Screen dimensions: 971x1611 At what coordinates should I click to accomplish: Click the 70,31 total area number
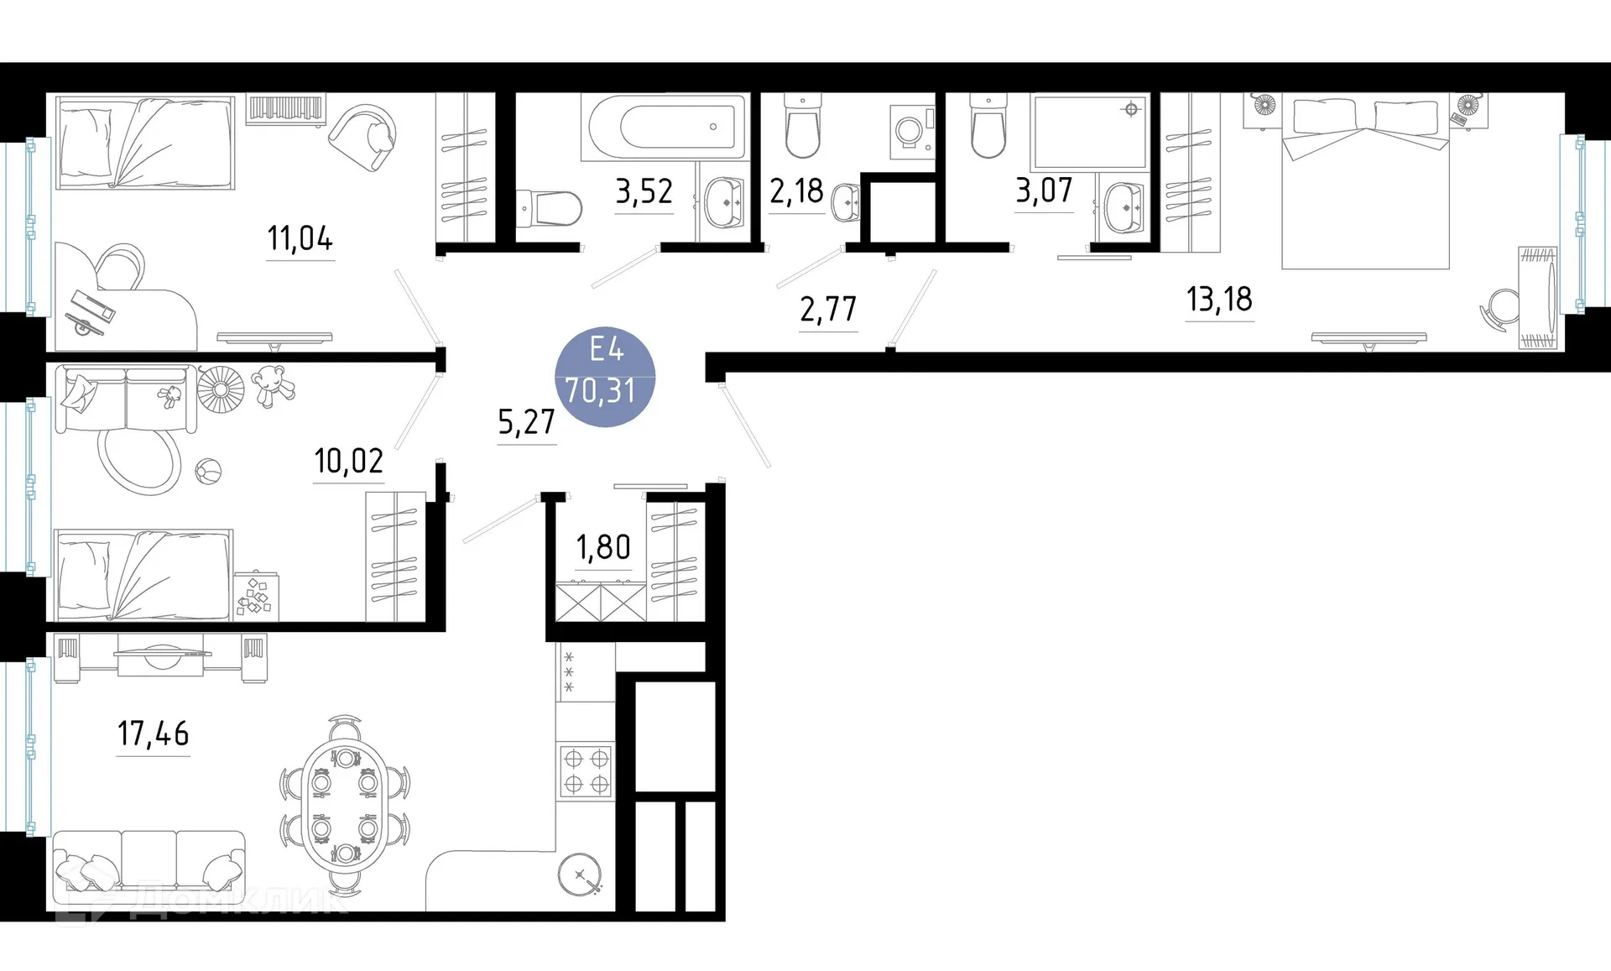pyautogui.click(x=600, y=391)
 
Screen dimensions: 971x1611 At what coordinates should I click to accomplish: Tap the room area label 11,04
pyautogui.click(x=300, y=238)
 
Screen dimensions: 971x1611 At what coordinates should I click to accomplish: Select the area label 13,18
pyautogui.click(x=1219, y=299)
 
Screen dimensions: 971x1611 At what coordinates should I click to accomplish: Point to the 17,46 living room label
pyautogui.click(x=153, y=733)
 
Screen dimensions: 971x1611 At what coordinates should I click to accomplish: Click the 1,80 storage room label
pyautogui.click(x=603, y=547)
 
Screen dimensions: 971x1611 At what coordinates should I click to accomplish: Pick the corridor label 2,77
pyautogui.click(x=828, y=310)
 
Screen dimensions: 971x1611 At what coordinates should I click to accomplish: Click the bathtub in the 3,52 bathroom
pyautogui.click(x=664, y=127)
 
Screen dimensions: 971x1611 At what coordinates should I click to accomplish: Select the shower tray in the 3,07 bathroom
pyautogui.click(x=1089, y=133)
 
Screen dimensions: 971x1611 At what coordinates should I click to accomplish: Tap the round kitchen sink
pyautogui.click(x=580, y=875)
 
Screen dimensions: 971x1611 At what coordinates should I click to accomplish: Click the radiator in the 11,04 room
pyautogui.click(x=285, y=110)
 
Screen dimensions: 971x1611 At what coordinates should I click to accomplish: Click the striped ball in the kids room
pyautogui.click(x=207, y=472)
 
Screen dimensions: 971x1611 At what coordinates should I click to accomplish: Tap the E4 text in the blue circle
pyautogui.click(x=606, y=349)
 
